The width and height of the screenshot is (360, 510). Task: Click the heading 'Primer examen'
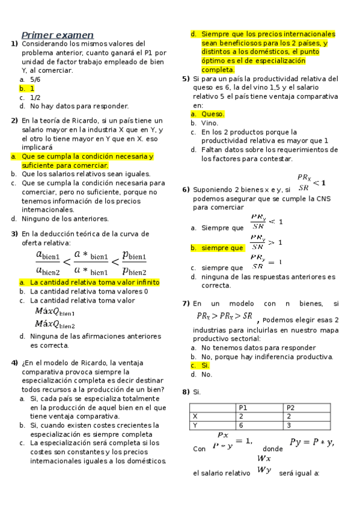pos(58,35)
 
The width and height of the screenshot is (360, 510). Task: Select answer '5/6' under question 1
pos(35,79)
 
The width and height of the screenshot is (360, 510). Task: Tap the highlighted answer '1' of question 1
pos(32,88)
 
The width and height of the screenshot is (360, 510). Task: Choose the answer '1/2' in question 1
pos(35,97)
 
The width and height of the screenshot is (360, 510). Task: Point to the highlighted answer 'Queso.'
pos(213,114)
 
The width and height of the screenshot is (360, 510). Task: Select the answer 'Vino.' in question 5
pos(210,123)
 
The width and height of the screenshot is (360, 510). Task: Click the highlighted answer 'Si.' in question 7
pos(206,365)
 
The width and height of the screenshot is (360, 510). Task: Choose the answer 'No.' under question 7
pos(207,374)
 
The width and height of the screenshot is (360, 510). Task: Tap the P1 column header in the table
pos(243,408)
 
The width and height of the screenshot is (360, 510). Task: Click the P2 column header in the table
pos(291,408)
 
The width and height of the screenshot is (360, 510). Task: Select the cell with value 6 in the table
pos(241,425)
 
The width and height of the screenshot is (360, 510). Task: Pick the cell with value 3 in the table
pos(289,425)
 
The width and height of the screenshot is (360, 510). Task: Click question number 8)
pos(186,392)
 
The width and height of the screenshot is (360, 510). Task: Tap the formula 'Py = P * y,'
pos(311,443)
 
